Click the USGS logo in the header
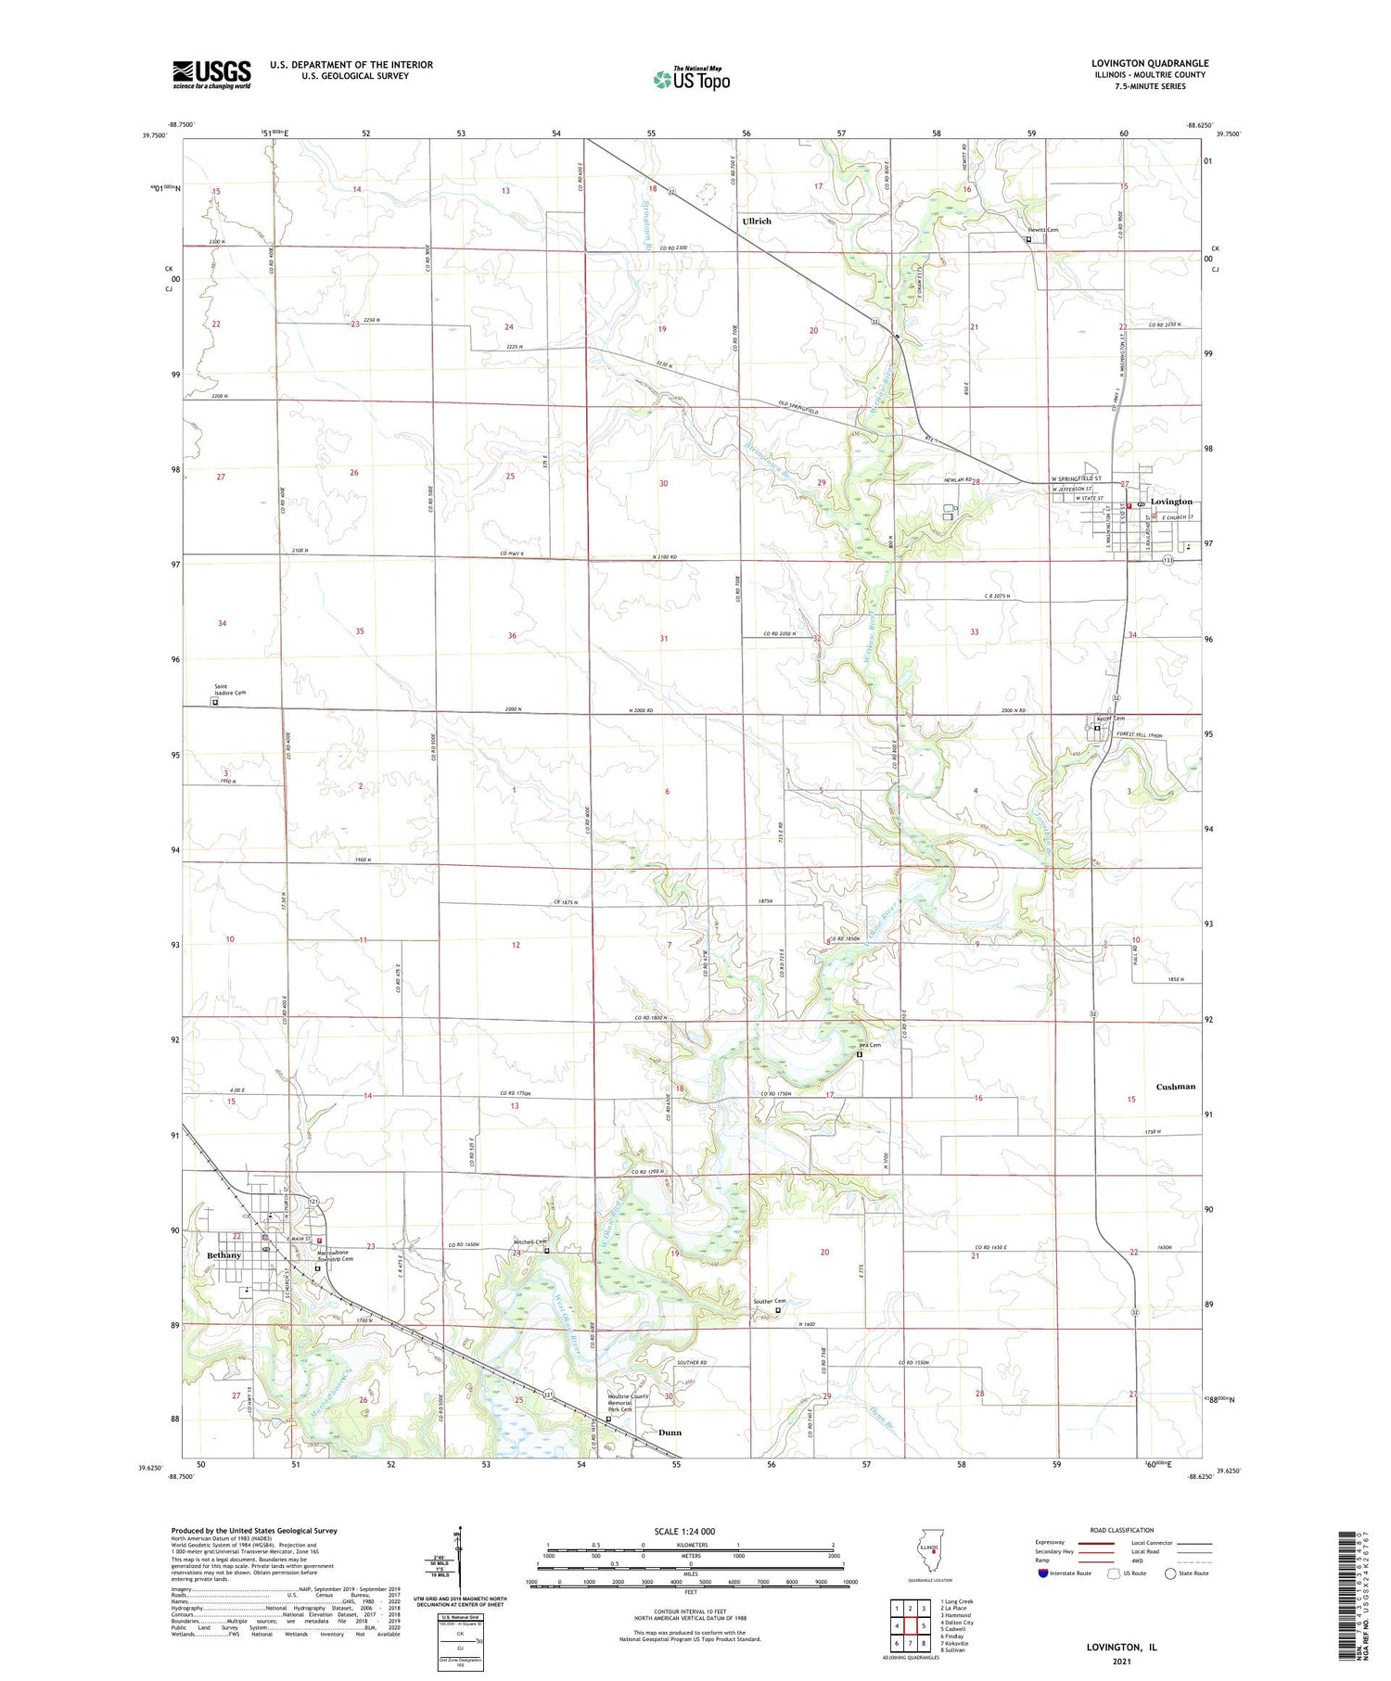click(211, 74)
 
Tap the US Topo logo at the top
click(692, 79)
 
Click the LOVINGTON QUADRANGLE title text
click(1149, 63)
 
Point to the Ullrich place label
click(757, 222)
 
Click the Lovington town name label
click(1171, 502)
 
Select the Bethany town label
click(223, 1255)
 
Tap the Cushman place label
click(1175, 1087)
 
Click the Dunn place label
click(670, 1433)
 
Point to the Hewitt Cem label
click(1041, 230)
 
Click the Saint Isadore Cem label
click(229, 690)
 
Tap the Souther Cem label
click(769, 1301)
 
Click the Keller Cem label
click(1111, 719)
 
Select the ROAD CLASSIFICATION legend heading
click(1121, 1530)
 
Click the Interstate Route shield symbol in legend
click(1043, 1573)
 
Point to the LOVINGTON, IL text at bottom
click(1121, 1647)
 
